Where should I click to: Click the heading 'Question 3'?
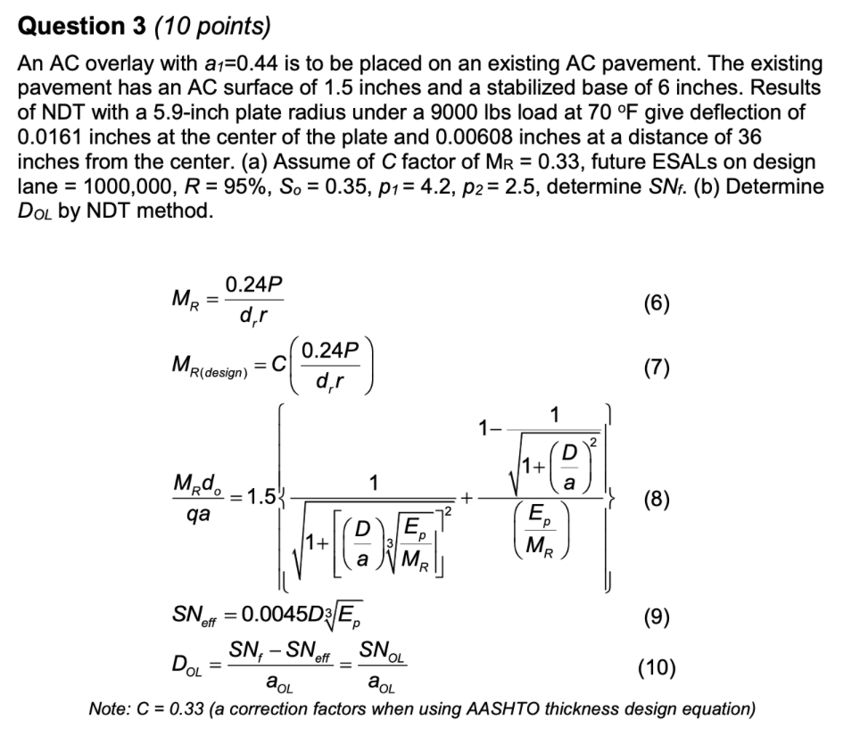[x=79, y=27]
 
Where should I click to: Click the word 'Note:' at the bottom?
[x=111, y=709]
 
